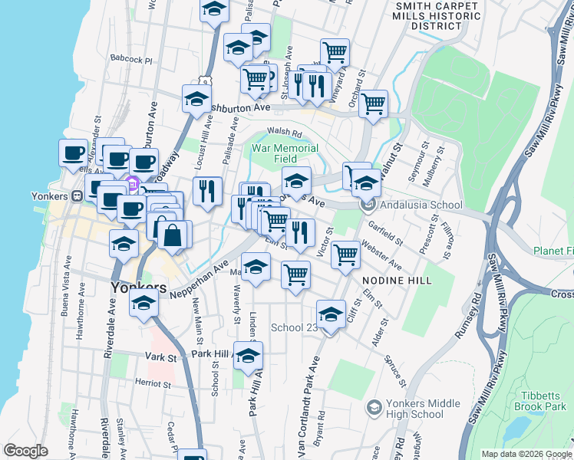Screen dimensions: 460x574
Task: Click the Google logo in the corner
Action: point(25,451)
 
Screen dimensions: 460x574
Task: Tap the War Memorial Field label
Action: point(285,153)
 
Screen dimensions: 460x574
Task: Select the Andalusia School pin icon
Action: point(368,205)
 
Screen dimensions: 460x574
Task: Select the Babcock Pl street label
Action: point(132,59)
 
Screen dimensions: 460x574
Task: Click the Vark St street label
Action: point(161,357)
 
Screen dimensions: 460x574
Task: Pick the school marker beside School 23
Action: point(331,314)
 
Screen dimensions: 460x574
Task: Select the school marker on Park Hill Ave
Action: point(248,356)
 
